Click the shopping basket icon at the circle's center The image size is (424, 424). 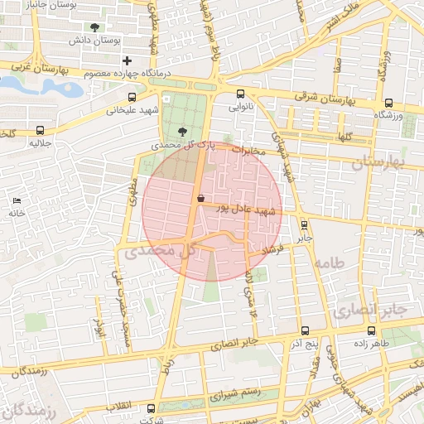[x=201, y=197]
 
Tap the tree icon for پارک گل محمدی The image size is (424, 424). [x=182, y=130]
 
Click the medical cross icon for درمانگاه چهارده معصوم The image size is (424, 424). [x=127, y=60]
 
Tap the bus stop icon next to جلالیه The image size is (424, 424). [x=41, y=130]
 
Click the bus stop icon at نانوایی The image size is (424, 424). [x=240, y=94]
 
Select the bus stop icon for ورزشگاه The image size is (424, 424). [x=389, y=104]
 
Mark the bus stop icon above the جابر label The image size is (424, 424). [x=304, y=224]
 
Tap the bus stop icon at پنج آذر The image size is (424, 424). [x=306, y=330]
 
